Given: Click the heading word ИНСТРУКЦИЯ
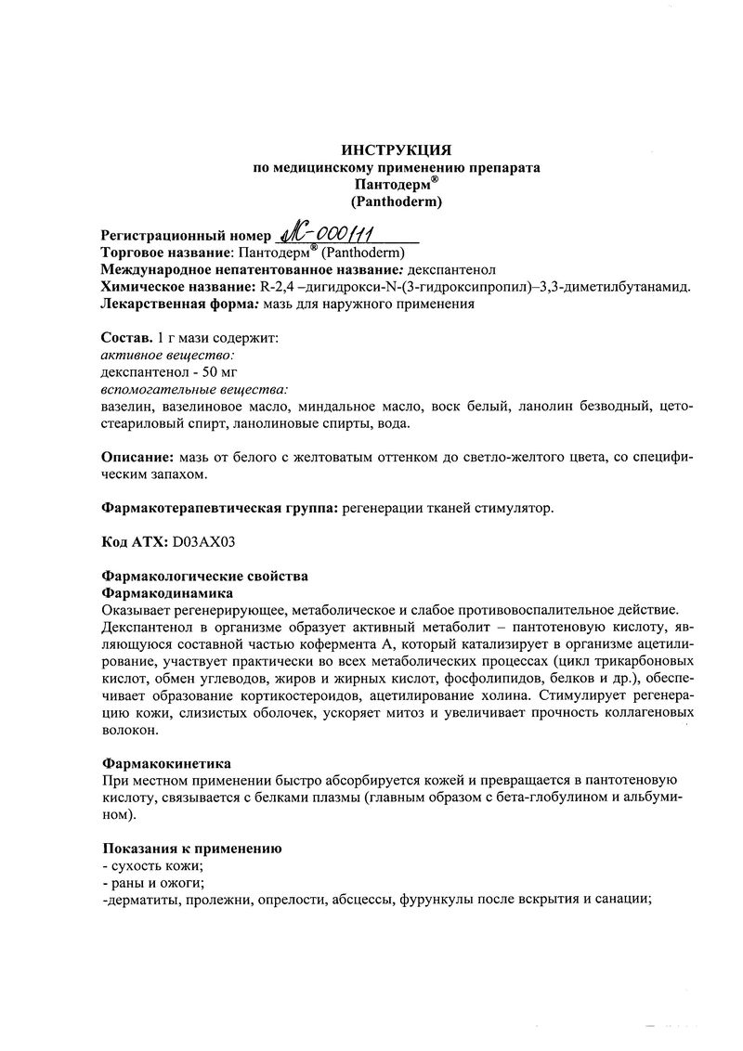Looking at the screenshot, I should [x=397, y=149].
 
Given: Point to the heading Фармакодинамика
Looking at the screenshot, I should [x=166, y=591].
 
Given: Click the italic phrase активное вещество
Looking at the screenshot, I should [x=167, y=355].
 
